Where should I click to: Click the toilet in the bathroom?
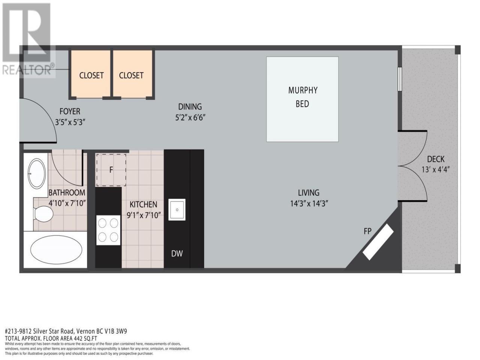pyautogui.click(x=43, y=213)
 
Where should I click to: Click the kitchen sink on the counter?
pyautogui.click(x=177, y=210)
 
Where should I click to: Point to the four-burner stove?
pyautogui.click(x=108, y=230)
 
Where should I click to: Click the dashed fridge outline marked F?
pyautogui.click(x=111, y=170)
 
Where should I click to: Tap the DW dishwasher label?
pyautogui.click(x=177, y=253)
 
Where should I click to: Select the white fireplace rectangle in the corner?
pyautogui.click(x=378, y=242)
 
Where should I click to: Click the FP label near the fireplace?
pyautogui.click(x=367, y=231)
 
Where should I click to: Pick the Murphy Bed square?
pyautogui.click(x=302, y=99)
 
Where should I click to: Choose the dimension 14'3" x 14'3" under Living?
pyautogui.click(x=309, y=204)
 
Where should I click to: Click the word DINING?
pyautogui.click(x=190, y=106)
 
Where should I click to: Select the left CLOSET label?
pyautogui.click(x=91, y=75)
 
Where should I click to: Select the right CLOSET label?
pyautogui.click(x=131, y=75)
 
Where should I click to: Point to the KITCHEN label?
pyautogui.click(x=144, y=204)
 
